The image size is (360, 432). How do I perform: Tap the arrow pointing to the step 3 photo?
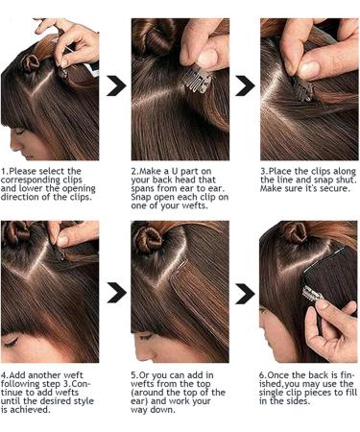245,86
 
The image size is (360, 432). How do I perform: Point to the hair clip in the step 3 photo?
303,91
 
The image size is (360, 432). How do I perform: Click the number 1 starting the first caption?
5,171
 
